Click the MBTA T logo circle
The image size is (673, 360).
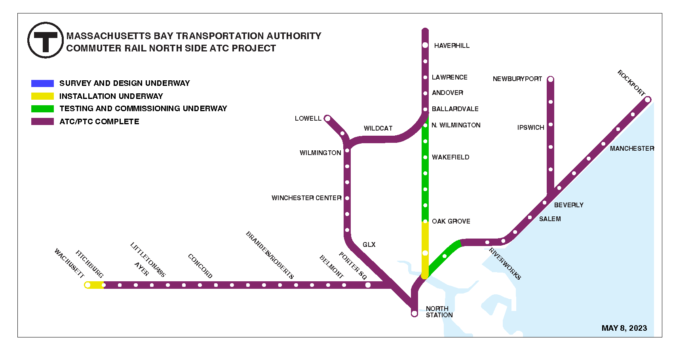coord(46,40)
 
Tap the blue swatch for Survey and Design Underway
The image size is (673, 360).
coord(42,83)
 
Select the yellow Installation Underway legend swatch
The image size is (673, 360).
coord(42,96)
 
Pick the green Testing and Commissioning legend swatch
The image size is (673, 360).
coord(42,109)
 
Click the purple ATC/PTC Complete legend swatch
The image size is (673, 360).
coord(42,121)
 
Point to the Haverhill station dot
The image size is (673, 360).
coord(425,45)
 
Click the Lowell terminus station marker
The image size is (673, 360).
coord(327,118)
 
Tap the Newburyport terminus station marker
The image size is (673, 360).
coord(550,80)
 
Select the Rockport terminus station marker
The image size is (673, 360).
coord(648,100)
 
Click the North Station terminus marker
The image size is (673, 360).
coord(414,313)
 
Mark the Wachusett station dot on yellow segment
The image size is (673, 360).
coord(88,285)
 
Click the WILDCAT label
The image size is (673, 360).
coord(378,129)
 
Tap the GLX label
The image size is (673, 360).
coord(369,245)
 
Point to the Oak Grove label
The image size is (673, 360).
coord(451,222)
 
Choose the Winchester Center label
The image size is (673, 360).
coord(306,198)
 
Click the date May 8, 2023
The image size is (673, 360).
coord(624,328)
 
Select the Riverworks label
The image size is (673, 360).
coord(505,264)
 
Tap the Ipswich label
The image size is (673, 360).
coord(530,128)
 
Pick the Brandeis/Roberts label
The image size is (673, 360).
coord(270,255)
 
